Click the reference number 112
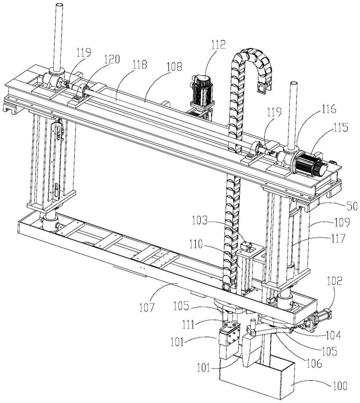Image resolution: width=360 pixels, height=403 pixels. pos(218,44)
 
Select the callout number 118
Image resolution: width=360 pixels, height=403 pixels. pos(140,64)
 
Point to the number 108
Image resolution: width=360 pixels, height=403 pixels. pos(174,66)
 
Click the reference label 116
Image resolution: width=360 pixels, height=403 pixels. pos(329,109)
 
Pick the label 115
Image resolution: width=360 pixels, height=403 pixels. pos(341,127)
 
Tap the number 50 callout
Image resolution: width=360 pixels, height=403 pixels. pos(352,206)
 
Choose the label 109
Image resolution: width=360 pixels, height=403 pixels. pos(342,222)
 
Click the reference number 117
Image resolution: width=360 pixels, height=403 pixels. pos(338,239)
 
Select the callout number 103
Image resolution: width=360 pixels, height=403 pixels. pos(199,220)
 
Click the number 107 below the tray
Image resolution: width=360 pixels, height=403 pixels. pos(147,307)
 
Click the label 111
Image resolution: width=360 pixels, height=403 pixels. pos(188,324)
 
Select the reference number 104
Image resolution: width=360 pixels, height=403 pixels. pos(333,335)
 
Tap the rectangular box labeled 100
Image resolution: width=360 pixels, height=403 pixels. pos(257,379)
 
